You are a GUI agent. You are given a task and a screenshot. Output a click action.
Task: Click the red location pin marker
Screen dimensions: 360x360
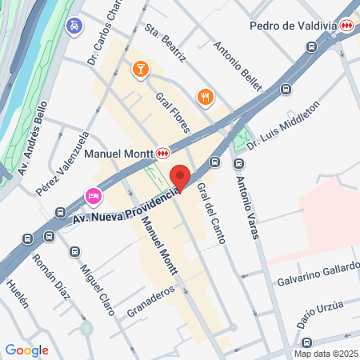(180, 178)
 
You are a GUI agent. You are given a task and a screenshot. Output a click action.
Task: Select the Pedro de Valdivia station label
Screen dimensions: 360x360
(292, 26)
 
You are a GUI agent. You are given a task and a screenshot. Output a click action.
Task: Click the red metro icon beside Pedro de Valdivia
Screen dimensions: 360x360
(346, 26)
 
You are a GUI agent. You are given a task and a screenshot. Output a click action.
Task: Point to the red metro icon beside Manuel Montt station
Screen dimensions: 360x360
(163, 152)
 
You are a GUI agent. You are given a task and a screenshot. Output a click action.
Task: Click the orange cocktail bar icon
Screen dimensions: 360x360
(140, 70)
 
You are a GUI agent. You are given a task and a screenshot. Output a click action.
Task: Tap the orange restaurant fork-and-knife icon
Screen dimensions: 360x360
(205, 97)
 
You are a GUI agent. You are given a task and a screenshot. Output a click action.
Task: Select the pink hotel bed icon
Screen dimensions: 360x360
(94, 196)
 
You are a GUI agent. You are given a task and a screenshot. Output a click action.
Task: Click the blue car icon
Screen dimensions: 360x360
(74, 26)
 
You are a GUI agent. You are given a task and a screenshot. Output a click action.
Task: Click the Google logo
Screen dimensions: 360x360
(26, 350)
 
